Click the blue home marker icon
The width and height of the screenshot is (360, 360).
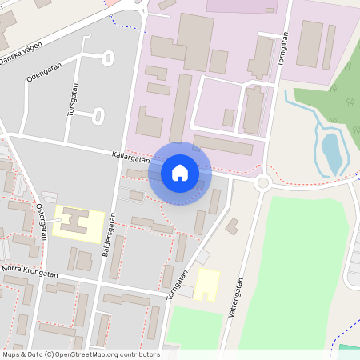pyautogui.click(x=180, y=172)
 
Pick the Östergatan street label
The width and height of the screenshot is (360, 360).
pyautogui.click(x=41, y=220)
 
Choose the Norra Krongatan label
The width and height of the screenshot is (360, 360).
pyautogui.click(x=30, y=274)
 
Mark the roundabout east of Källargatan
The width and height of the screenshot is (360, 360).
pyautogui.click(x=262, y=183)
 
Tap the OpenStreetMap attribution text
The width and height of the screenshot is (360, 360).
pyautogui.click(x=81, y=354)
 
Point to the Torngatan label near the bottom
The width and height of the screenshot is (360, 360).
pyautogui.click(x=178, y=286)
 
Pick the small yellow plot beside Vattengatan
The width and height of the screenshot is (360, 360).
pyautogui.click(x=207, y=284)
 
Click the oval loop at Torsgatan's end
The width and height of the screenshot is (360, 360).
pyautogui.click(x=98, y=116)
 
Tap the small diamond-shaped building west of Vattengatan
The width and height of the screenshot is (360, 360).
pyautogui.click(x=232, y=226)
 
